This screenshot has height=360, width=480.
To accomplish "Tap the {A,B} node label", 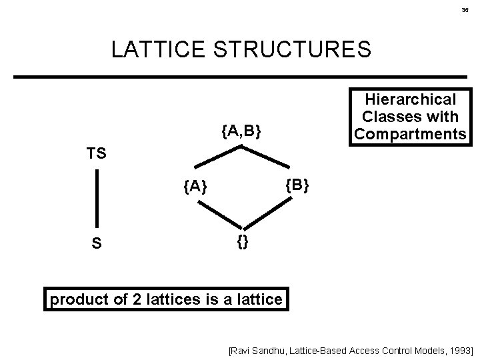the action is pos(241,132).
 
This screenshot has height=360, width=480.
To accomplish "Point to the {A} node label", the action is pos(195,189).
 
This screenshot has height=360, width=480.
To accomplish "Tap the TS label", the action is pos(97,153).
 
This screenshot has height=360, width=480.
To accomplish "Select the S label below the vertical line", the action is pos(97,244).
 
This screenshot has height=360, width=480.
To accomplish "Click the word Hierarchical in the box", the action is pos(411,100).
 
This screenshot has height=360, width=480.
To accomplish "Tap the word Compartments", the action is pos(411,134).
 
